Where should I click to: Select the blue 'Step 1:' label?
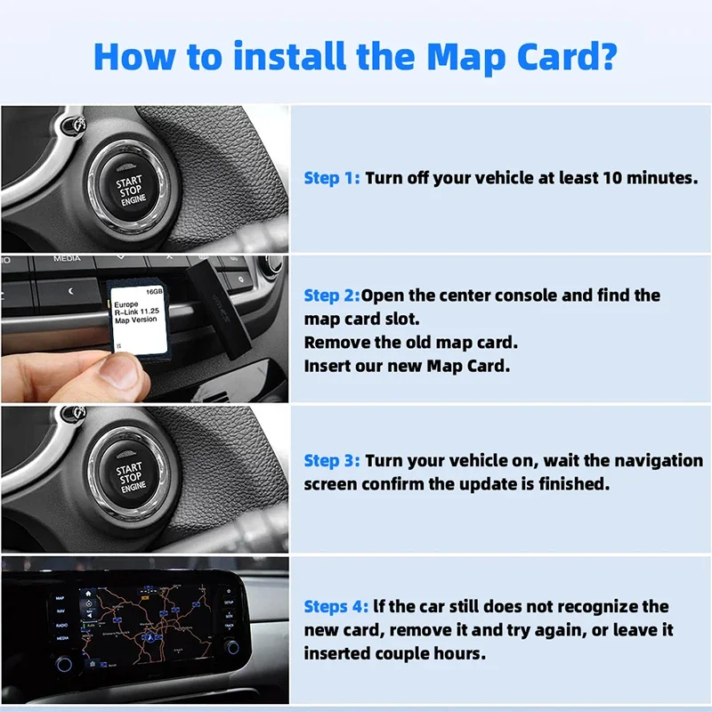coord(332,178)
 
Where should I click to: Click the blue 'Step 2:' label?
coord(331,295)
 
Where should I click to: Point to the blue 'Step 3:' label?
coord(332,461)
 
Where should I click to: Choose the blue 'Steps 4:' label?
coord(336,607)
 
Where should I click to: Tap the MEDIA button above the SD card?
coord(67,259)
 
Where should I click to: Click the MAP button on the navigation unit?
coord(60,598)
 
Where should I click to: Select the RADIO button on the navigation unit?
coord(61,625)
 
